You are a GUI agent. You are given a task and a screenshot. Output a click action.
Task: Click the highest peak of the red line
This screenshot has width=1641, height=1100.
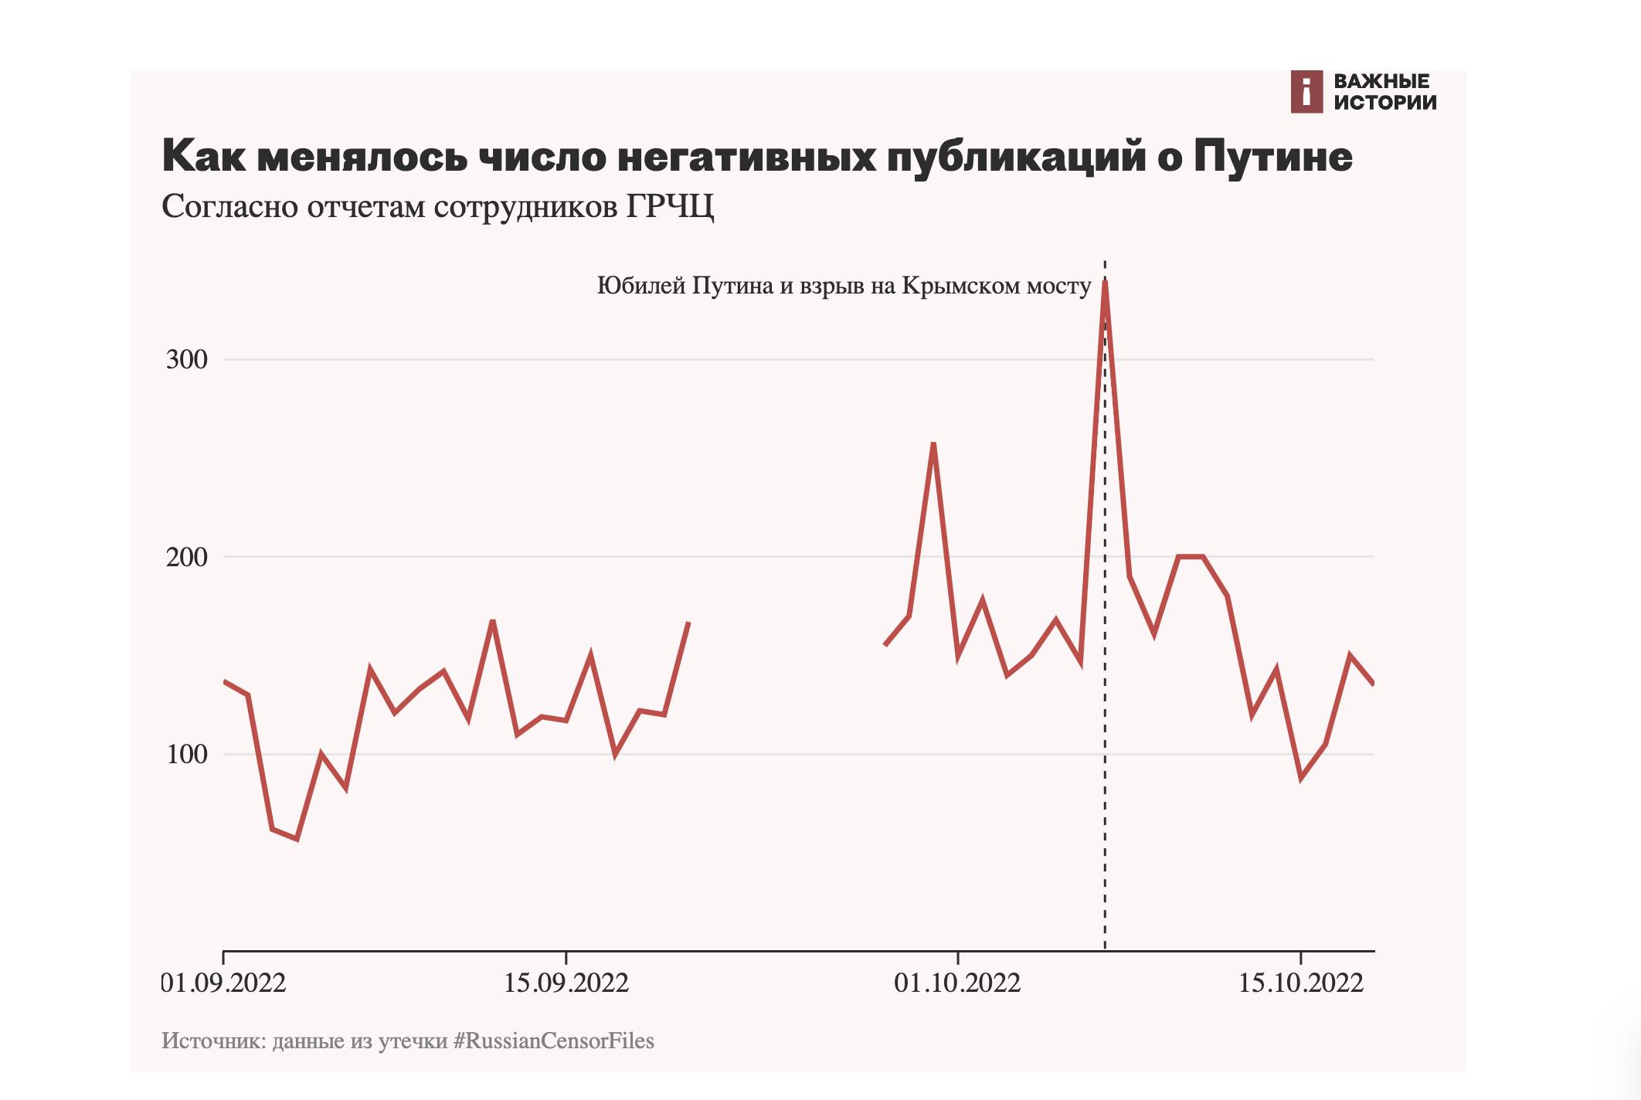click(x=1105, y=283)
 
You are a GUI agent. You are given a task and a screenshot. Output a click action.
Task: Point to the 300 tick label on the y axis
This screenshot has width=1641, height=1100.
click(x=187, y=360)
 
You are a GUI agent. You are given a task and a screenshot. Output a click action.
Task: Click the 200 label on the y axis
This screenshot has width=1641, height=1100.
click(x=187, y=557)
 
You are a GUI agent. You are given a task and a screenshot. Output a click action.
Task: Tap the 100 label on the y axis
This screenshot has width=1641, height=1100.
click(x=187, y=754)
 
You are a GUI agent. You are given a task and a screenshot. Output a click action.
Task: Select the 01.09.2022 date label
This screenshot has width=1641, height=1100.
click(x=224, y=983)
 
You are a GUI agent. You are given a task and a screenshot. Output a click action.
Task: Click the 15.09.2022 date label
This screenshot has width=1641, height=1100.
click(x=566, y=983)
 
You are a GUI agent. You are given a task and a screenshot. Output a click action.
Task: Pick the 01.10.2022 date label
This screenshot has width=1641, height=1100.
click(x=957, y=983)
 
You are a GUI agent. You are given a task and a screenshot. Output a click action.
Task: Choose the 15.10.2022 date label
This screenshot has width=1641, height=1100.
click(x=1301, y=983)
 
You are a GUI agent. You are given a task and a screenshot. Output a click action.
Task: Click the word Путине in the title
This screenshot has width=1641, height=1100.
click(x=1272, y=157)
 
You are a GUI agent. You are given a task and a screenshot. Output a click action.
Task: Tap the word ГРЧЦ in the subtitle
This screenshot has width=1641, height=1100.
click(x=669, y=206)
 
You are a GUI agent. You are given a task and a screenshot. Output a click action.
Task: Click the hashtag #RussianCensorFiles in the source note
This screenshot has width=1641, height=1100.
click(x=553, y=1041)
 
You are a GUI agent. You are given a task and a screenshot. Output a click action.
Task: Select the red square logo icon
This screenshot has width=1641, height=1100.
click(x=1306, y=92)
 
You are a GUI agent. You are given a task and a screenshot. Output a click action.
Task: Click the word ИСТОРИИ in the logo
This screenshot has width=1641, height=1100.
click(x=1385, y=103)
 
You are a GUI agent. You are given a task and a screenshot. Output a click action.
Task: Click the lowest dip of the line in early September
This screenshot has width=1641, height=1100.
click(x=297, y=839)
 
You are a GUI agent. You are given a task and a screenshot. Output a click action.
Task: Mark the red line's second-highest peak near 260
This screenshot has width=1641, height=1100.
click(x=933, y=444)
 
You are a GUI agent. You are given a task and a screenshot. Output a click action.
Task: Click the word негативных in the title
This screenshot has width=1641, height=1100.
click(x=746, y=157)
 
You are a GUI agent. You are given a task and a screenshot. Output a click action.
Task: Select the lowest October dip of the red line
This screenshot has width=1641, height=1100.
click(x=1302, y=778)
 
